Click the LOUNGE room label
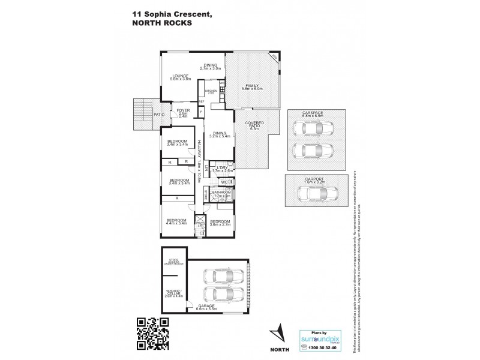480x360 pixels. [x=179, y=76]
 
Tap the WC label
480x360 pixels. [x=223, y=181]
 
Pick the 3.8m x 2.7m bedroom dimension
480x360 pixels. [x=218, y=223]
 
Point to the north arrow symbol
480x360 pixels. [x=277, y=332]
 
